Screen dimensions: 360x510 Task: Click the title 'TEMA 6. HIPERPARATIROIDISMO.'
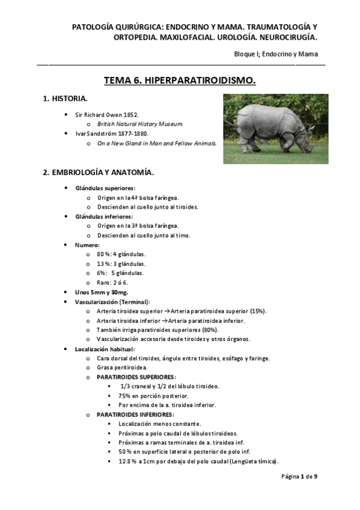(180, 80)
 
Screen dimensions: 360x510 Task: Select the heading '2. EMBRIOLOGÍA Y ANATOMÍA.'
(98, 173)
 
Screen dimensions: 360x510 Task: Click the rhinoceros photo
(276, 128)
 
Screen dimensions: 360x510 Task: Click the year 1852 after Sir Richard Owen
(130, 114)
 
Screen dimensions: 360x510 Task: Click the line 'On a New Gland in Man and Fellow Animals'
(156, 144)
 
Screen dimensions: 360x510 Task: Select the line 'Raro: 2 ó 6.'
(112, 283)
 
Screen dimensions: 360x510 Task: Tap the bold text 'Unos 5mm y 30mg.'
(97, 292)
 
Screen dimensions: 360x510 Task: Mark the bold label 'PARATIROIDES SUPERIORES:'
(136, 376)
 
